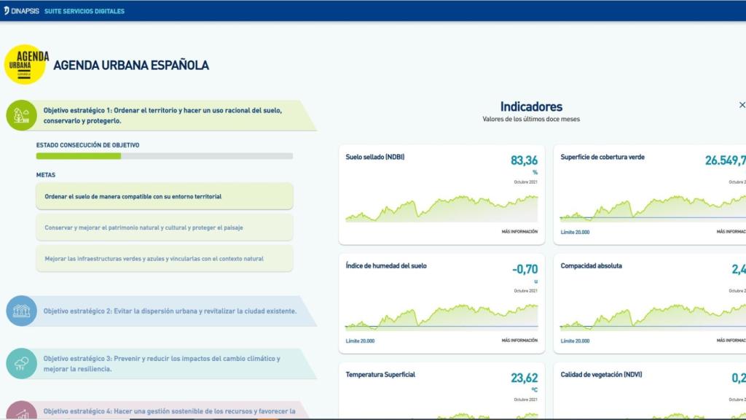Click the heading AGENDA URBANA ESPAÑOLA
(131, 66)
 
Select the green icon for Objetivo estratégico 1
(21, 115)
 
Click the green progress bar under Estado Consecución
(79, 156)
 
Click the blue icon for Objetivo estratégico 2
(21, 311)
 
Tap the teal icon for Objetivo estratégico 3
(21, 363)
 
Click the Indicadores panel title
(531, 106)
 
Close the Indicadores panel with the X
(742, 105)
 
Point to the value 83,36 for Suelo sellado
(524, 160)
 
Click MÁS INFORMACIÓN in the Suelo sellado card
(519, 231)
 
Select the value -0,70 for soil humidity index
(525, 269)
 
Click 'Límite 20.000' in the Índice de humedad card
(360, 341)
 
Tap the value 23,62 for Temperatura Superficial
(524, 378)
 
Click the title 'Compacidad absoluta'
(591, 265)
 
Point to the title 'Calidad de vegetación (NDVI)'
(601, 375)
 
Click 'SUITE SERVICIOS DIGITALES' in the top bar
(84, 11)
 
